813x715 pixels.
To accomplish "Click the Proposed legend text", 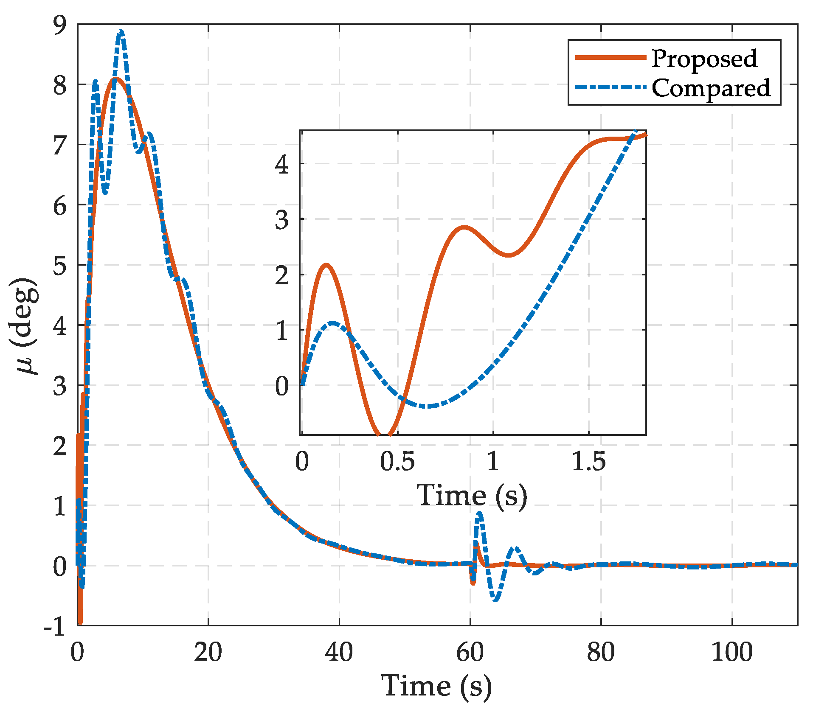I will click(x=704, y=59).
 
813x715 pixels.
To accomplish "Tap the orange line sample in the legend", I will click(x=610, y=57).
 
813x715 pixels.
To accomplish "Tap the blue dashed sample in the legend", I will click(x=610, y=87).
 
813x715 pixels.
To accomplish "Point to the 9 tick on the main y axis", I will click(x=60, y=25).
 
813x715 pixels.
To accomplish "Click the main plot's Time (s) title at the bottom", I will click(x=436, y=686).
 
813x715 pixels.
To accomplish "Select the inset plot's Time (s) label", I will click(x=472, y=495).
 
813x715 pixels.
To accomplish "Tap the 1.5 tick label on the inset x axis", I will click(x=588, y=462).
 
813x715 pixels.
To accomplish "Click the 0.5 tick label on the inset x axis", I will click(x=397, y=462).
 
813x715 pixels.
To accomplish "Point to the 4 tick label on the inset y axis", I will click(x=282, y=164).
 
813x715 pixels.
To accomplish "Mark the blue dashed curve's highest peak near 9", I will click(x=121, y=32).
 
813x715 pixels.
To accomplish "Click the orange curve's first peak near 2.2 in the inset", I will click(x=326, y=265).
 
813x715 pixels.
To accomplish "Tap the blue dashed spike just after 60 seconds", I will click(x=479, y=514).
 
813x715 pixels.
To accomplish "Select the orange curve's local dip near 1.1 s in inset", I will click(x=508, y=255).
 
